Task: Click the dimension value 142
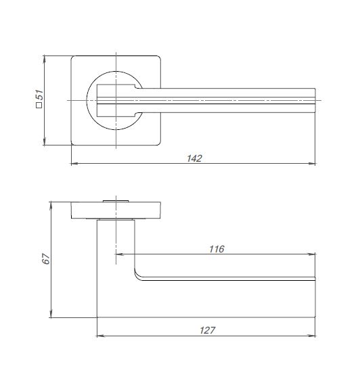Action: coord(194,158)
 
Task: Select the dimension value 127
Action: coord(207,330)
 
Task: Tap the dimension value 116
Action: coord(217,249)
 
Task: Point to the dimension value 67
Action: coord(46,258)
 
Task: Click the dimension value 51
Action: coord(39,95)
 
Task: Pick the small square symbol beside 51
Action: coord(39,105)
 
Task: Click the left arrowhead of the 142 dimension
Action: coord(74,163)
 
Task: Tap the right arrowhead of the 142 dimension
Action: coord(312,163)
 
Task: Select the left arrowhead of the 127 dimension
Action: coord(100,336)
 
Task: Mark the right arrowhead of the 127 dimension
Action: coord(312,336)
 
